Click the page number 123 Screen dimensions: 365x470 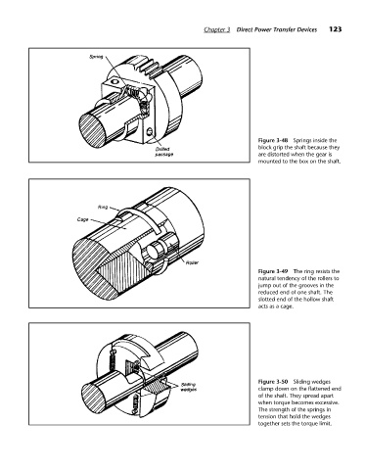(x=335, y=29)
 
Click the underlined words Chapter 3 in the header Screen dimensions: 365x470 (x=217, y=29)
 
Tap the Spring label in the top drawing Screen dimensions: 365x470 (x=96, y=57)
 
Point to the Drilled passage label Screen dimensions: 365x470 (x=163, y=152)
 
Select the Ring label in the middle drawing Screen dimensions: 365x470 (x=103, y=207)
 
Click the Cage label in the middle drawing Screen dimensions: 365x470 (x=82, y=219)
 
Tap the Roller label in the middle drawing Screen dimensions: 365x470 (x=192, y=262)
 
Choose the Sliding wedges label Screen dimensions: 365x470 (x=188, y=387)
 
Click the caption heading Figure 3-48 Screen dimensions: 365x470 (x=273, y=140)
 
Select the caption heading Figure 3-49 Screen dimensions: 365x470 (x=273, y=271)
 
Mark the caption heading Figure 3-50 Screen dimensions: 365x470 (x=273, y=382)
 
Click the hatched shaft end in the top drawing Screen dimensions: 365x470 (x=92, y=127)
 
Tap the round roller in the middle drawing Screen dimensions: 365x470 (x=153, y=252)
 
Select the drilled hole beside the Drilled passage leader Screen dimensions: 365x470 (x=150, y=132)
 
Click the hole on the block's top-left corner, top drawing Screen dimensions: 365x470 (x=114, y=81)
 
